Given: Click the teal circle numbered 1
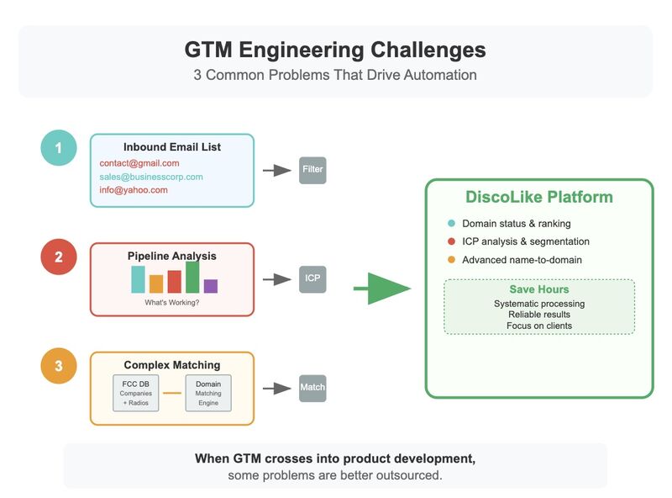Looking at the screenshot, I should (x=59, y=149).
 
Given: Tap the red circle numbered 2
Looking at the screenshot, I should (x=59, y=257).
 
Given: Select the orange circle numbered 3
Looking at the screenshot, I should (x=59, y=366).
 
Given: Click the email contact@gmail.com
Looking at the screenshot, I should (x=139, y=162).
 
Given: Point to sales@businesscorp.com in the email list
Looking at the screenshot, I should (x=151, y=177).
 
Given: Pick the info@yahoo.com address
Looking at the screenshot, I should (x=134, y=190).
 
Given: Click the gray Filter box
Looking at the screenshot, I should (x=312, y=170).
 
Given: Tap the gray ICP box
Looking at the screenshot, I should (x=312, y=279).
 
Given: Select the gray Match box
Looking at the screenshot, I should (x=312, y=388).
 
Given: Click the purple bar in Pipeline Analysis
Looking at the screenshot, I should (x=211, y=286).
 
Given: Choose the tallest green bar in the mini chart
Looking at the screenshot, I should (x=192, y=277).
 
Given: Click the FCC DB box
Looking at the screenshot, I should (x=135, y=393).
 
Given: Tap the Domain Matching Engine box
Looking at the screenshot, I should (x=208, y=393).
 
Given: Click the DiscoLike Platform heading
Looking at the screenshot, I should (x=539, y=198).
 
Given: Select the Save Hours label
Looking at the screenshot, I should (x=539, y=289).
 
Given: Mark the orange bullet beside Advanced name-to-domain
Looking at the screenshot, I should (x=452, y=260).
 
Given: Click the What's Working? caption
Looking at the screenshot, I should (x=172, y=302).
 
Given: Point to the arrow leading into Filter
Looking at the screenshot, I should (x=277, y=170).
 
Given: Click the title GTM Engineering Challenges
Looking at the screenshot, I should (x=335, y=50).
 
